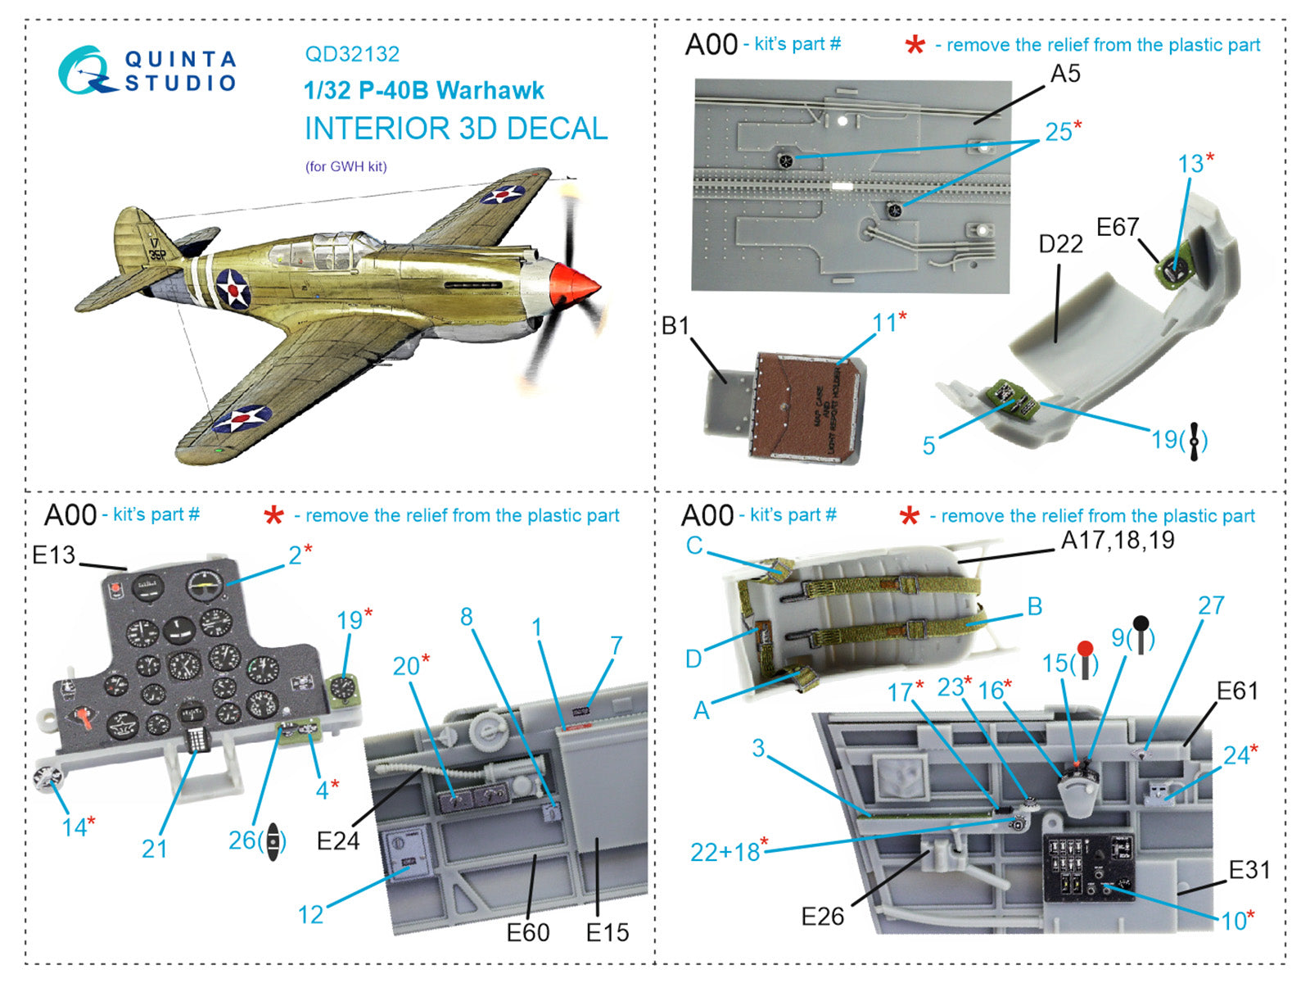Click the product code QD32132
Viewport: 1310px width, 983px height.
click(x=352, y=54)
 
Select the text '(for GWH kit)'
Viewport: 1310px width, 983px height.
click(x=346, y=166)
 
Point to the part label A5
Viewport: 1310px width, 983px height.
click(x=1065, y=74)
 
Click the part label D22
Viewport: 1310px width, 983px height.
click(x=1060, y=244)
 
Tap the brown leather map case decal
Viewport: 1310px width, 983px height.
click(x=806, y=405)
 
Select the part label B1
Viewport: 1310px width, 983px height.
click(x=675, y=326)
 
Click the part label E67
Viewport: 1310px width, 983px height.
click(x=1118, y=227)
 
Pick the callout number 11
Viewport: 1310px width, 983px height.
click(x=885, y=323)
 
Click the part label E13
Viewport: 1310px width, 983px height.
click(x=53, y=555)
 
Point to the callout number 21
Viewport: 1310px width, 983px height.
click(x=155, y=849)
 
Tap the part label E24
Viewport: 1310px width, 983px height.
click(x=337, y=840)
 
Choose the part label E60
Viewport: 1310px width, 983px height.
click(x=528, y=932)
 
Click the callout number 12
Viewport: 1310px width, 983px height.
click(x=310, y=914)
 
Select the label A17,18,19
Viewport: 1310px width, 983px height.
click(x=1118, y=540)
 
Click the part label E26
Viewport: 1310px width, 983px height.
click(x=822, y=916)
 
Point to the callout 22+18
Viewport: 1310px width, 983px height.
click(x=725, y=852)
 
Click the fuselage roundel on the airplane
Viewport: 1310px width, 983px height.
click(x=233, y=288)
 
